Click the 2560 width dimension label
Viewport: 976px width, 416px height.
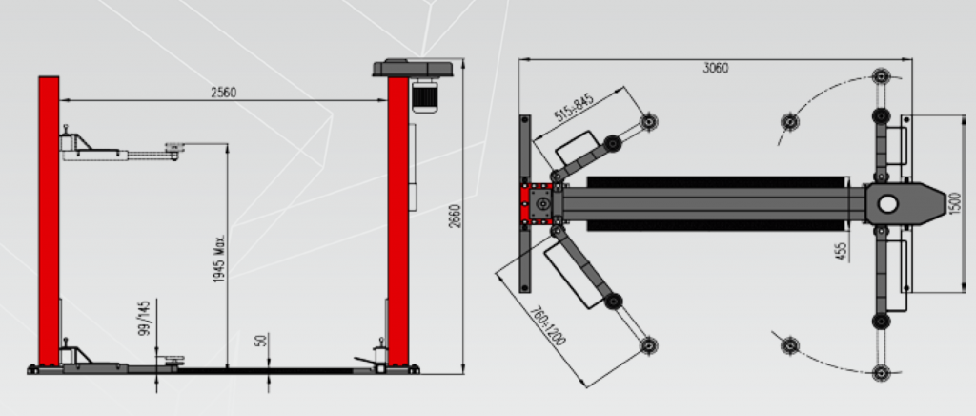click(223, 93)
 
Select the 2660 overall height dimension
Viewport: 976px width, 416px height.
click(455, 216)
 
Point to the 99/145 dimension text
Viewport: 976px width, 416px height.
click(144, 319)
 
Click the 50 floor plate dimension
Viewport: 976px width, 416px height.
click(261, 341)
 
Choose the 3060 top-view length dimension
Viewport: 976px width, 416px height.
click(715, 68)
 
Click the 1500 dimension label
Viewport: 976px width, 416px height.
click(957, 203)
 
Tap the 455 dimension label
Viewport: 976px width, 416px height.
click(841, 251)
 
